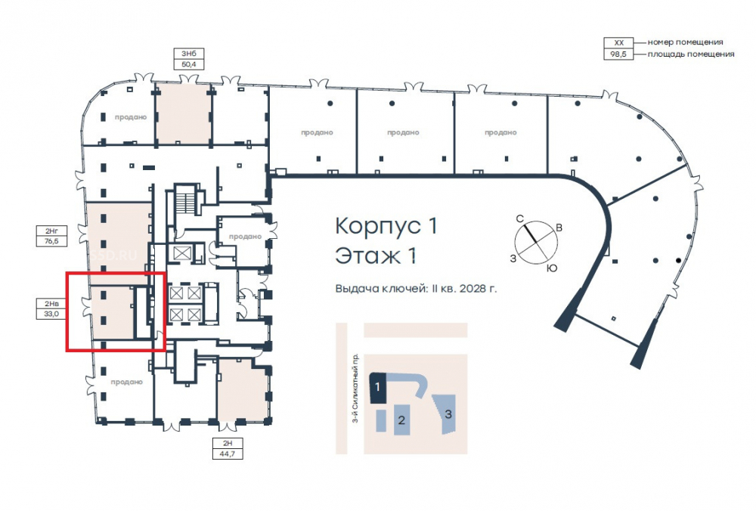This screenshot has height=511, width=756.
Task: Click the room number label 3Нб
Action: coord(189,53)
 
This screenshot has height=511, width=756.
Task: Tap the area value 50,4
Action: coord(189,64)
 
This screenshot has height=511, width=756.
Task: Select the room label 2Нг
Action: coord(51,231)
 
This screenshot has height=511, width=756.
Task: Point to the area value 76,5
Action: coord(51,241)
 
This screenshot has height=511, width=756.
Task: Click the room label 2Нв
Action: coord(51,303)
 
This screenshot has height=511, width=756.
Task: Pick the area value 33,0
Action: coord(51,314)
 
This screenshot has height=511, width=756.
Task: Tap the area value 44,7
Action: coord(228,454)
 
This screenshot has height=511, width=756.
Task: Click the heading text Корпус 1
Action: coord(386,225)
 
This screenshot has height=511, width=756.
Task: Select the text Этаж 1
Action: coord(376,256)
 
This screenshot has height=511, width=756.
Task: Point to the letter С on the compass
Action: coord(520,219)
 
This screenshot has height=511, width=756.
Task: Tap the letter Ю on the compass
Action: coord(552,268)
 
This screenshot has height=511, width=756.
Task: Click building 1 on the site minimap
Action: coord(377,388)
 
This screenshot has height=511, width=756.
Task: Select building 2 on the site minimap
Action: coord(401,420)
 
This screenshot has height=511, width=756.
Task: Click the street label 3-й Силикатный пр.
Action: coord(356,388)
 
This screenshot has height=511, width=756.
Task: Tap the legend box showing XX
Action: coord(619,42)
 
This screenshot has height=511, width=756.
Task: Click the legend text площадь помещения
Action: coord(691,54)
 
